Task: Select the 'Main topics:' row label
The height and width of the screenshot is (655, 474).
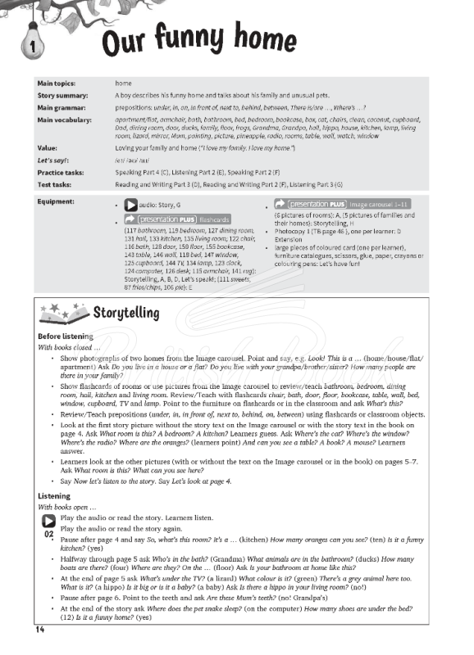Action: pos(57,84)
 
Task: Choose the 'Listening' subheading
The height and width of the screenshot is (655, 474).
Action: pos(55,496)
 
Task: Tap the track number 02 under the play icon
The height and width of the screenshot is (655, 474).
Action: pos(48,534)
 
